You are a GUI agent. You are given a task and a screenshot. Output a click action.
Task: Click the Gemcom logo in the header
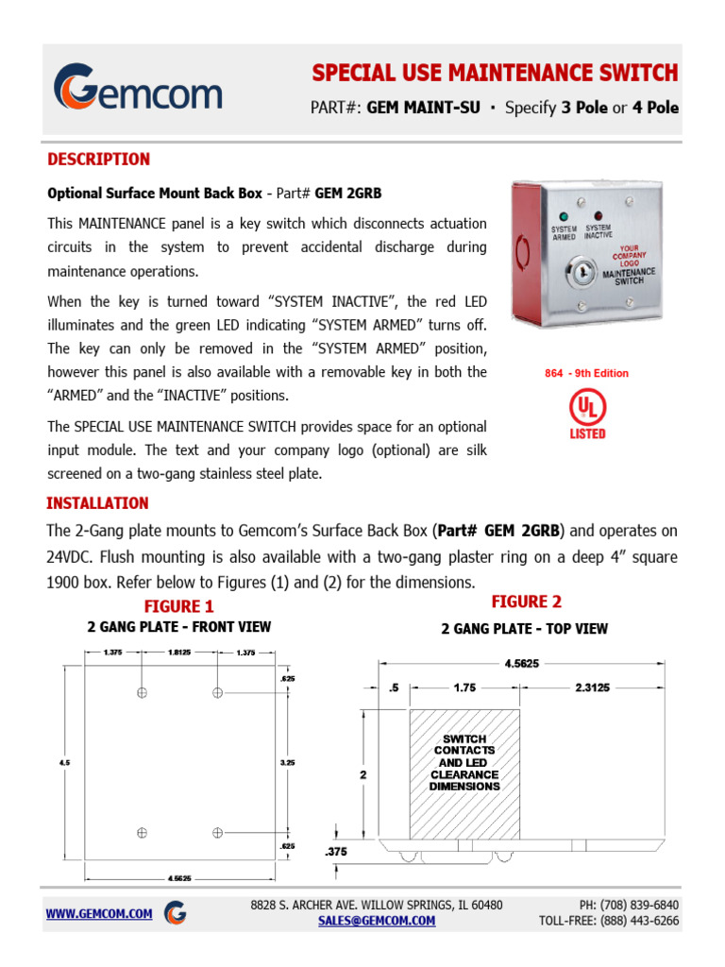click(x=138, y=88)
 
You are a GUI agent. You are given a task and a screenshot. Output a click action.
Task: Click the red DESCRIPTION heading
click(x=98, y=159)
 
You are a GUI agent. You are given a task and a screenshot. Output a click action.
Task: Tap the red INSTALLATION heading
click(x=97, y=503)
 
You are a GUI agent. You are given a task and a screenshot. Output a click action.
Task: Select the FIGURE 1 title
click(x=178, y=606)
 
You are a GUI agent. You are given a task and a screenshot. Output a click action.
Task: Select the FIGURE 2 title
click(x=526, y=602)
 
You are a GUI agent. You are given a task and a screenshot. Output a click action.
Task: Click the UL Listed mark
click(x=586, y=415)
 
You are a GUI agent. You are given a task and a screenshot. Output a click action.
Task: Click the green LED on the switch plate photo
click(x=565, y=216)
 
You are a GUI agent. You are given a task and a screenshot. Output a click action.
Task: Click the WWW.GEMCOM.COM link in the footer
click(x=99, y=913)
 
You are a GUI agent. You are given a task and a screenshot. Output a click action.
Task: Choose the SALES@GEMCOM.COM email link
click(x=377, y=921)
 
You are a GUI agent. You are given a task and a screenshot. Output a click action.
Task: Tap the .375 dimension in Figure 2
click(x=336, y=852)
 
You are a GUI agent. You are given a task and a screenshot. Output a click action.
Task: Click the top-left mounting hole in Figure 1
click(x=142, y=692)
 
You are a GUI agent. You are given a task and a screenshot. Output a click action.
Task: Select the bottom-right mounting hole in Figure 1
click(x=217, y=832)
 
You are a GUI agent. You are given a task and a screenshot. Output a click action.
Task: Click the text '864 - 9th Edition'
click(x=586, y=373)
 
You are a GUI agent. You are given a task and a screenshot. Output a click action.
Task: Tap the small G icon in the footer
click(x=175, y=913)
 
